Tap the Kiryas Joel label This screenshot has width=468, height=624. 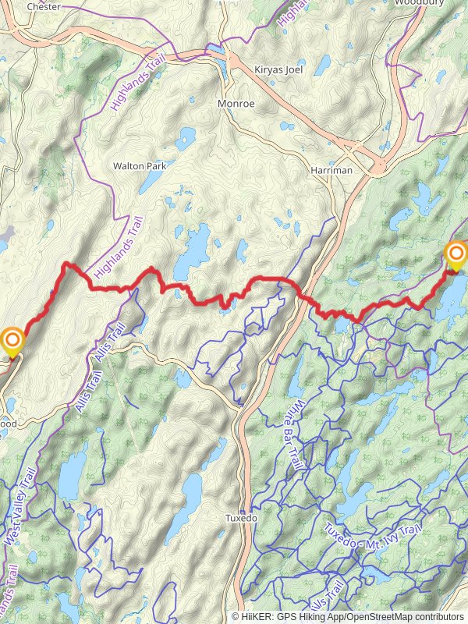tap(277, 70)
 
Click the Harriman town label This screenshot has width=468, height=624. tap(331, 170)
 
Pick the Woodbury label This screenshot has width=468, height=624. tap(418, 3)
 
